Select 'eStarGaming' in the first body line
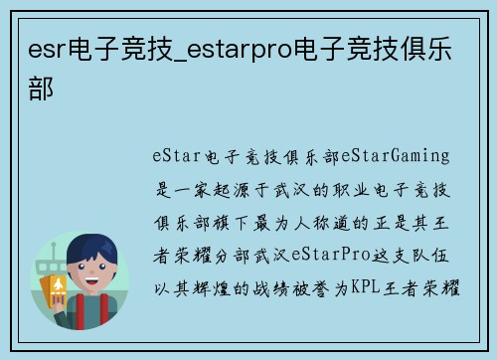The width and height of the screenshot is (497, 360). point(396,156)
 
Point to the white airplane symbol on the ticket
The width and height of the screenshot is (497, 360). point(58,288)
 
